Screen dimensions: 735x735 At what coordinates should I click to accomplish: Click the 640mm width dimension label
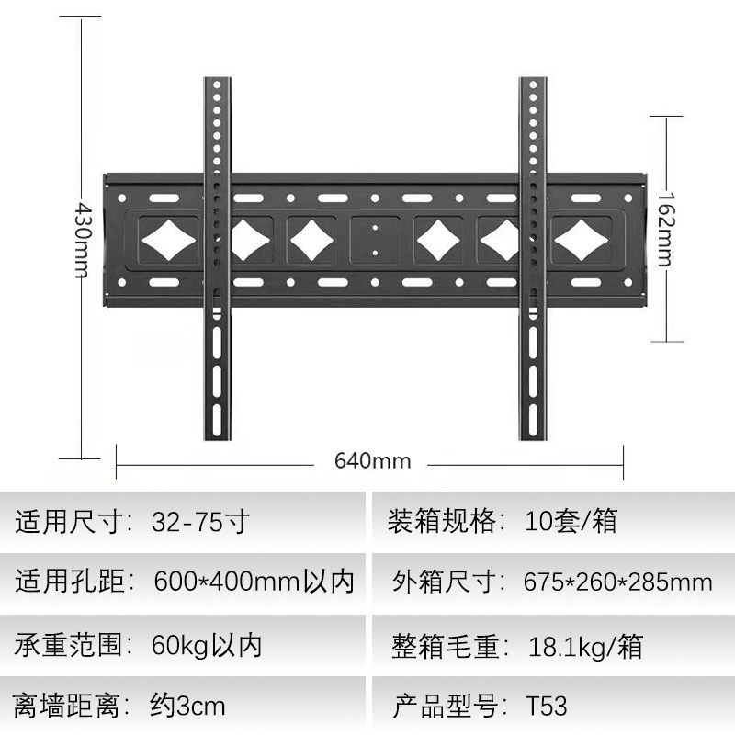(x=372, y=460)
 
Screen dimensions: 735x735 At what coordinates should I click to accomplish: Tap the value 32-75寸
(x=200, y=522)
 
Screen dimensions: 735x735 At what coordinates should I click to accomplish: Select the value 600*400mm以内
(x=254, y=582)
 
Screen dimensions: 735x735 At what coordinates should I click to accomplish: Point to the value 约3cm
(x=187, y=707)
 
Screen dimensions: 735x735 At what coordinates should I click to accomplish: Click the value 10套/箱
(x=571, y=522)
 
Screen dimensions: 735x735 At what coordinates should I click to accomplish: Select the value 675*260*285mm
(x=618, y=582)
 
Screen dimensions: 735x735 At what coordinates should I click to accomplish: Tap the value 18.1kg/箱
(x=584, y=645)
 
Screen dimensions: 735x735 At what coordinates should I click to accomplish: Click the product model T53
(x=547, y=707)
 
